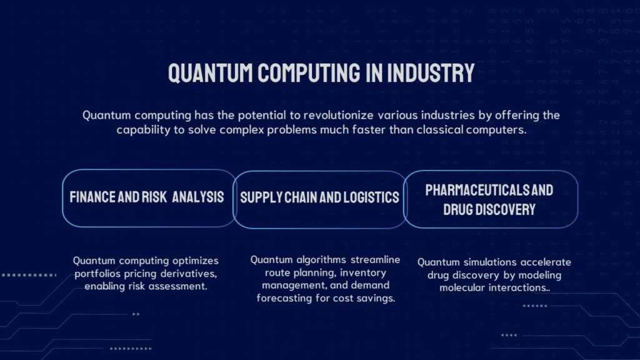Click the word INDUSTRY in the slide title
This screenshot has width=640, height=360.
pyautogui.click(x=431, y=73)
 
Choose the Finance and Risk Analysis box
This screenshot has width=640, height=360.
pyautogui.click(x=147, y=198)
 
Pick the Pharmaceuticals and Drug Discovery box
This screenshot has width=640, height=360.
pyautogui.click(x=490, y=199)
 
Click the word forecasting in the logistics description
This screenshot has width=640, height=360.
pyautogui.click(x=284, y=298)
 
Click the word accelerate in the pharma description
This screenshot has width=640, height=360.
pyautogui.click(x=544, y=262)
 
